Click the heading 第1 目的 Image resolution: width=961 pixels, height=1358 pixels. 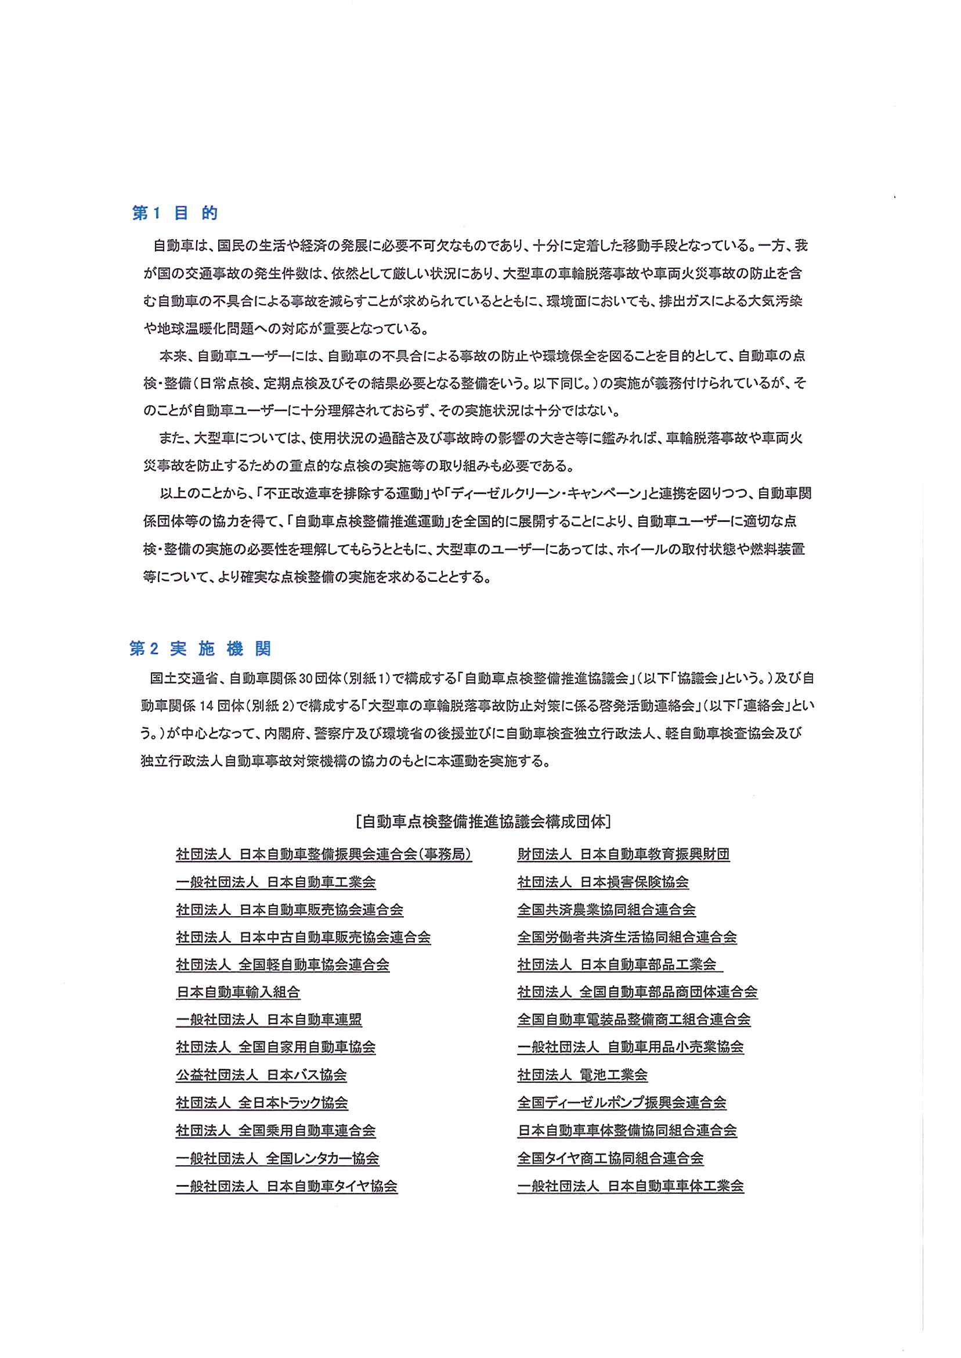(175, 213)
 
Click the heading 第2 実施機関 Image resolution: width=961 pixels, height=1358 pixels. (200, 649)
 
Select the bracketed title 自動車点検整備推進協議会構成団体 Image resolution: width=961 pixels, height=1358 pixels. (483, 822)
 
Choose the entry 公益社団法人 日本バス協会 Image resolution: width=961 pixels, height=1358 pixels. (261, 1075)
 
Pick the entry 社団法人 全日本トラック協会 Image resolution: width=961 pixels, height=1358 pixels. (262, 1103)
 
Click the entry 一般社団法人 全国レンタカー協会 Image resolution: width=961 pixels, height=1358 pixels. (277, 1158)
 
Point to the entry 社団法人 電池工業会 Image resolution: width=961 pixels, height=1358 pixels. (582, 1075)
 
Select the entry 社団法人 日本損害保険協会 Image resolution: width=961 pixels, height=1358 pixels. (603, 882)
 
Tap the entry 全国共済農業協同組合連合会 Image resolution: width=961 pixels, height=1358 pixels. (606, 909)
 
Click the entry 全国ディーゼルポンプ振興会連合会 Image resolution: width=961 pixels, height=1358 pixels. (622, 1103)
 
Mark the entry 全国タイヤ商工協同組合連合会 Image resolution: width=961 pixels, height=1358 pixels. (610, 1158)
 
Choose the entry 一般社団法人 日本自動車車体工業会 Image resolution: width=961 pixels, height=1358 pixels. (630, 1186)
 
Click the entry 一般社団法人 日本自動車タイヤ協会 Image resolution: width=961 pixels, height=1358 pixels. (287, 1186)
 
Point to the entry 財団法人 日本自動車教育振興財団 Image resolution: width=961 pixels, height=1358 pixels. (623, 854)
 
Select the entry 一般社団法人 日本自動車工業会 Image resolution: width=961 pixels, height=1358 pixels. (276, 882)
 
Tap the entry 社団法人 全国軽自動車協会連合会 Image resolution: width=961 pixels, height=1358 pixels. (282, 964)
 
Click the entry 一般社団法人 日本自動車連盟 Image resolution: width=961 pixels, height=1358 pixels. (269, 1020)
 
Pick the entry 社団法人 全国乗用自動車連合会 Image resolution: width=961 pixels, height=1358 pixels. (275, 1130)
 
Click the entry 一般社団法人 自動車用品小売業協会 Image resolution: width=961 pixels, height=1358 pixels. (630, 1047)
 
